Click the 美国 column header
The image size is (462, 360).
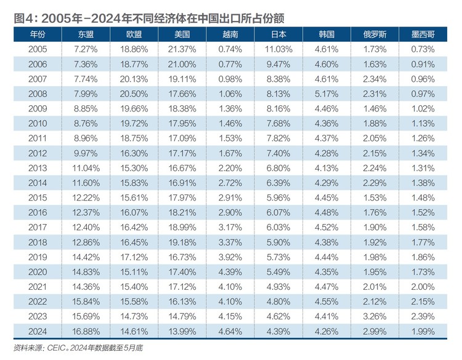tap(182, 34)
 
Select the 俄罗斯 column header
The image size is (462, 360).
tap(375, 34)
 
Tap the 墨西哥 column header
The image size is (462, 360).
tap(423, 34)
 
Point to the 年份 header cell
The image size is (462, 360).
tap(38, 34)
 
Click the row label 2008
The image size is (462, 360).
tap(38, 94)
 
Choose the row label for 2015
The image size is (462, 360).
tap(38, 198)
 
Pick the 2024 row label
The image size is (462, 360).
tap(38, 331)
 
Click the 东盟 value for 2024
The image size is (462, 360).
tap(86, 331)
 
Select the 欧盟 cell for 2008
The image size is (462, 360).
tap(134, 94)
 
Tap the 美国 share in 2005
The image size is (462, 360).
tap(182, 49)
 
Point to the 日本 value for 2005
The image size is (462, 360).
tap(278, 49)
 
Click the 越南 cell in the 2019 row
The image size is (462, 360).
tap(230, 257)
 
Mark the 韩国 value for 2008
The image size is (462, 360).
tap(326, 94)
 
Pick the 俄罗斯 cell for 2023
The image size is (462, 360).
tap(375, 316)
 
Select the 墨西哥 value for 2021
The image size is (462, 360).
tap(423, 287)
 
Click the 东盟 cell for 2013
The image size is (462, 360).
tap(86, 168)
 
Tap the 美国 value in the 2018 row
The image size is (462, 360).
tap(182, 242)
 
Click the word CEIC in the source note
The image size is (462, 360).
tap(56, 348)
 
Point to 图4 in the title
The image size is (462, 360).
tap(24, 18)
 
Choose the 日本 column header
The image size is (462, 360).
tap(278, 34)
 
